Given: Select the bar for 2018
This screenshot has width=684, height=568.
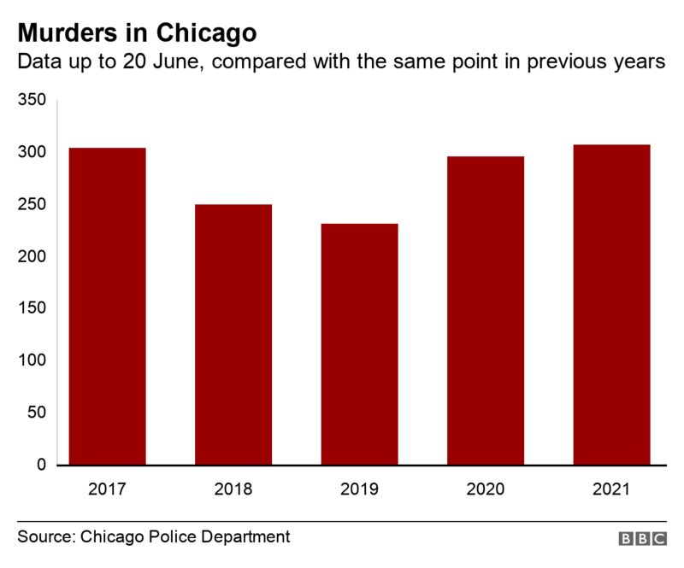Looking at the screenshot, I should (233, 334).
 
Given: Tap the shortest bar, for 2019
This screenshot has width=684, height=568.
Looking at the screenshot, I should (359, 343).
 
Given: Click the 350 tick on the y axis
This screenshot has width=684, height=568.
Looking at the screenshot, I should (32, 100).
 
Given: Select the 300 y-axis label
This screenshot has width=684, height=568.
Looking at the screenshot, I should (32, 152).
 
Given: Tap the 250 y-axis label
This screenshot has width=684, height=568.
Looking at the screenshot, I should (32, 204).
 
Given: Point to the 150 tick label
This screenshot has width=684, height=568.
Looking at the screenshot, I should (32, 308).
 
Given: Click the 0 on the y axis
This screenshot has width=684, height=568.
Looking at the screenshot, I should (40, 465).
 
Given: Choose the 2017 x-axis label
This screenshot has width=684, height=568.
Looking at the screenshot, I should (107, 490).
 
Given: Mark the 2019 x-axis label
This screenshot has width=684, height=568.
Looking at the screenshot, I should (359, 490).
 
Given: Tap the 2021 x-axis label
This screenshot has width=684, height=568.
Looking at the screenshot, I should (611, 490).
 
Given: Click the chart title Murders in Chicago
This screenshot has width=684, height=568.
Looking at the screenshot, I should (137, 32).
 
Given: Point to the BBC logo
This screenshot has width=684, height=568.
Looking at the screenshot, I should (642, 539).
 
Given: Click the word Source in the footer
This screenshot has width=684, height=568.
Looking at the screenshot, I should (45, 537).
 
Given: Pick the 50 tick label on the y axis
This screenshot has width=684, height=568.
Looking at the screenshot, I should (36, 413).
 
